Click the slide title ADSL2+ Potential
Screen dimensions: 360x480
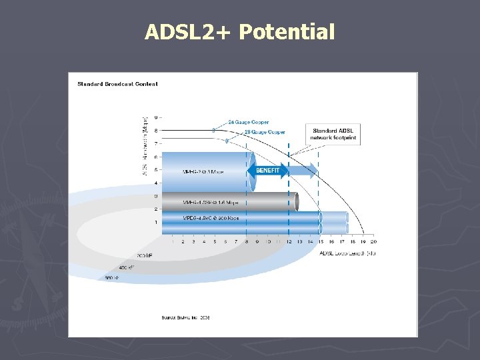point(239,31)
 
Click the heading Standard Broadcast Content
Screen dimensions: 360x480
point(117,84)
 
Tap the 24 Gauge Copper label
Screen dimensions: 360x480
point(248,122)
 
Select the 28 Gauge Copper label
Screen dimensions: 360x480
point(265,132)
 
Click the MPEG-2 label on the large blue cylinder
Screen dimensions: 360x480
point(203,171)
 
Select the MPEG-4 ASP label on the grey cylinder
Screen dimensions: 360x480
point(210,202)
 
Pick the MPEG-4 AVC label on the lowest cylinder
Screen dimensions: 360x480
point(210,218)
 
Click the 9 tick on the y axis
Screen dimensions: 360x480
point(156,117)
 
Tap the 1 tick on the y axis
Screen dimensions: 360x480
point(156,222)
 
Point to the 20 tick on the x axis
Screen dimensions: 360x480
point(373,242)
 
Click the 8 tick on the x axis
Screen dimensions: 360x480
point(247,242)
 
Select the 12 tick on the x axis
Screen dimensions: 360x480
point(289,242)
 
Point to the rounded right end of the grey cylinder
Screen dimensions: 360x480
point(293,201)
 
